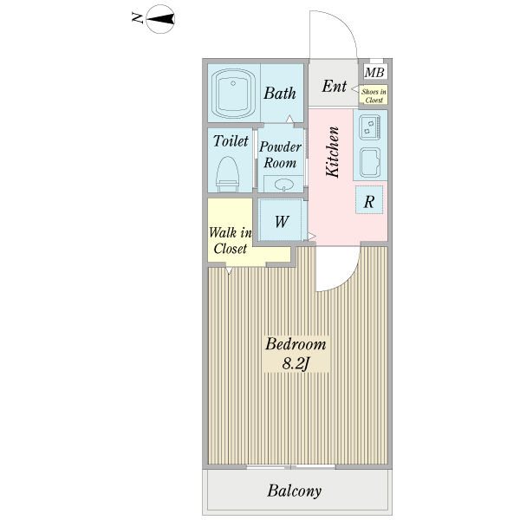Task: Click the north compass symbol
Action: tap(159, 19)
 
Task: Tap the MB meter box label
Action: tap(374, 72)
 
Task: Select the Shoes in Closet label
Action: tap(374, 95)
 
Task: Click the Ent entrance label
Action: tap(334, 86)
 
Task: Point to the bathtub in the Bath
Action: tap(233, 94)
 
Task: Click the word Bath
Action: tap(280, 94)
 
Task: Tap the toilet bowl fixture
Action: tap(227, 174)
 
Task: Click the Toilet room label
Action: tap(231, 141)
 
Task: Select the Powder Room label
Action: tap(280, 154)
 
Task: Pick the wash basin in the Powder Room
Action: tap(283, 184)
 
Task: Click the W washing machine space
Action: tap(281, 220)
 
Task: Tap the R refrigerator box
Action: tap(369, 200)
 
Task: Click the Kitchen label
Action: tap(333, 152)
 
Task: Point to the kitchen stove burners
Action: tap(369, 127)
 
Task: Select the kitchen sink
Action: tap(370, 163)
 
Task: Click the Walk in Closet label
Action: tap(231, 240)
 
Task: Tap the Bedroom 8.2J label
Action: tap(296, 354)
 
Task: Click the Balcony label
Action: tap(294, 491)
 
